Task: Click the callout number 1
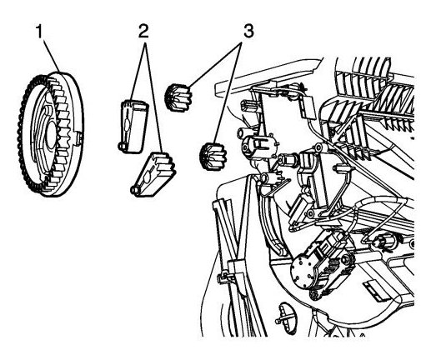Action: click(39, 31)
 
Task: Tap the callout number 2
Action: click(143, 31)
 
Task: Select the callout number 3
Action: click(248, 31)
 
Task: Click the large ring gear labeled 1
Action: click(50, 134)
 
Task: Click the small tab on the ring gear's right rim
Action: click(78, 138)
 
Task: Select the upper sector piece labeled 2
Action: click(133, 127)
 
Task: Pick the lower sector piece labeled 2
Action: click(153, 175)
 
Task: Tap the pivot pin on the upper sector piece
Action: click(121, 147)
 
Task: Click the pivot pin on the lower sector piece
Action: click(134, 190)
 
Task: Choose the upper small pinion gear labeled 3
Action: click(178, 97)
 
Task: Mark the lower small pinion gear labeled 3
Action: click(213, 156)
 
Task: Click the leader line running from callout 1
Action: click(52, 55)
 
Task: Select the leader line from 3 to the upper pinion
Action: click(216, 63)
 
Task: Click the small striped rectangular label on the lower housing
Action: click(375, 291)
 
